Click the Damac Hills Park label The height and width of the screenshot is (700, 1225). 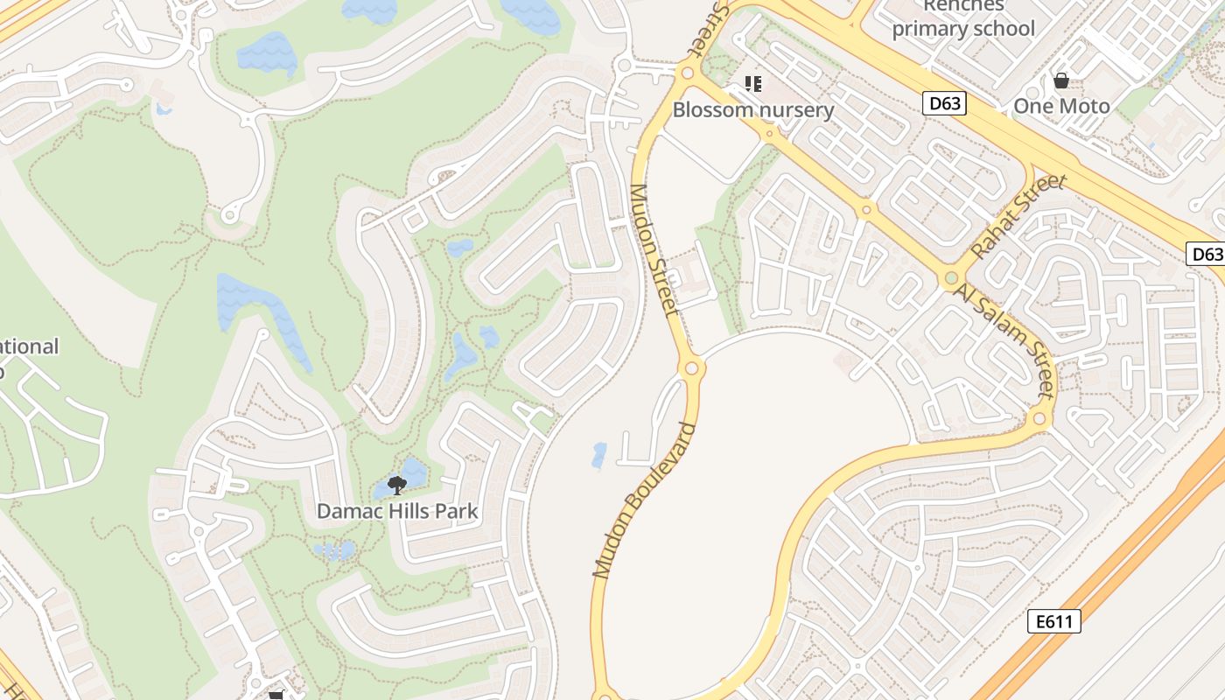(397, 511)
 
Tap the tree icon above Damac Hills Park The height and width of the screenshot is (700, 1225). (396, 485)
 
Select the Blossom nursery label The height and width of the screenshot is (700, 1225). (752, 110)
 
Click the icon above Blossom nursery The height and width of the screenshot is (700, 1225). (752, 84)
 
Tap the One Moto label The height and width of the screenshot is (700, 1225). (1061, 107)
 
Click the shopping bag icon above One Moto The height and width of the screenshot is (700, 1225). (1061, 81)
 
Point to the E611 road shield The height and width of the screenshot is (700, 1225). (1053, 622)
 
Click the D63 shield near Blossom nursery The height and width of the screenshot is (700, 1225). (945, 103)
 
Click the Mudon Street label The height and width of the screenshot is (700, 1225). (654, 249)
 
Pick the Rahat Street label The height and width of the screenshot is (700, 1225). (1019, 216)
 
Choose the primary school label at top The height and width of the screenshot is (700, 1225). (962, 28)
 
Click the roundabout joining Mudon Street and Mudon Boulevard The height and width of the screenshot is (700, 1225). (691, 368)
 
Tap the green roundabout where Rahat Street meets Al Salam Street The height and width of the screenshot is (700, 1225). (951, 279)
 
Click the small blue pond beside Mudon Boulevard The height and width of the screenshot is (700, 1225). (599, 455)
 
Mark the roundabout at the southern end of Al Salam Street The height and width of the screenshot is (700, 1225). (1039, 419)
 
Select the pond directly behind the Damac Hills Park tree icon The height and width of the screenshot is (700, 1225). (412, 473)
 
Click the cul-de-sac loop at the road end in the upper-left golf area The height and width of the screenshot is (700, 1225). (231, 213)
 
